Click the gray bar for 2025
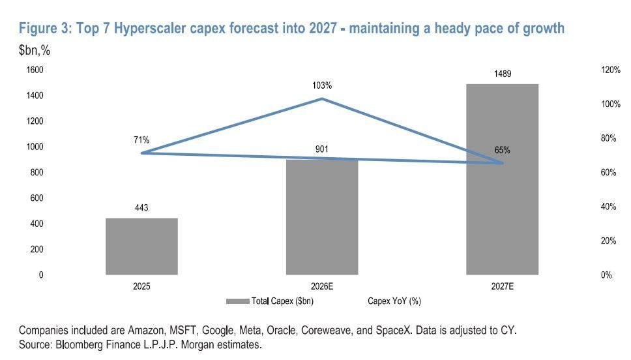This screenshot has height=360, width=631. (141, 247)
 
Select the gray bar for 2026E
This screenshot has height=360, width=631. (322, 217)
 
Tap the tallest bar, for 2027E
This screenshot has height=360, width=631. (502, 179)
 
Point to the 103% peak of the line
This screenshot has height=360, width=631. (322, 98)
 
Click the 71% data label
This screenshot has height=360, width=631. (141, 140)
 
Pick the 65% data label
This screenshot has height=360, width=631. (502, 150)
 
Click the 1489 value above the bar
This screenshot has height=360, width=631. (503, 74)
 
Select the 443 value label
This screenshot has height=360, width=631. (141, 208)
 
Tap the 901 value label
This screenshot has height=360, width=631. (322, 149)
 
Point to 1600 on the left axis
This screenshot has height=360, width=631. (35, 70)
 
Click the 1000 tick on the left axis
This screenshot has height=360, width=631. (35, 147)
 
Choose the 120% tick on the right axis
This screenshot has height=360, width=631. (611, 70)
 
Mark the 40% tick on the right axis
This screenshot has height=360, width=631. (608, 207)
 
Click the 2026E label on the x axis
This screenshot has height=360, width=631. (322, 286)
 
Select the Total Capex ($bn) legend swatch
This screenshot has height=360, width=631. (238, 301)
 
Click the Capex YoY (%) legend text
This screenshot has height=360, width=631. (394, 301)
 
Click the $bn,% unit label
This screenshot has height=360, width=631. (35, 50)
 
